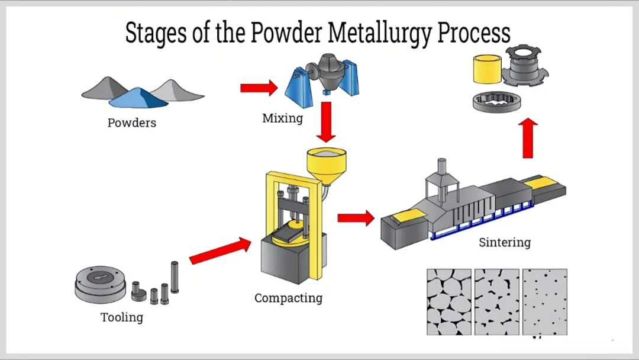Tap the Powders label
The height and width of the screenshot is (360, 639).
coord(131,123)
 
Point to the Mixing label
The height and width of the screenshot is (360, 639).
coord(282,118)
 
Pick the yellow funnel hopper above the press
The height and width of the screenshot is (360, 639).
coord(326,162)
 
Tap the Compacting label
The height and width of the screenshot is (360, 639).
coord(288,298)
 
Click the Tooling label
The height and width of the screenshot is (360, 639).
coord(122,317)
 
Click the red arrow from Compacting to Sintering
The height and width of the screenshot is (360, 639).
coord(356,217)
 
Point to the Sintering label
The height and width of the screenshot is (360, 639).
coord(505,242)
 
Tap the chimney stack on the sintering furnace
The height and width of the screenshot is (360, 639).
coord(440,169)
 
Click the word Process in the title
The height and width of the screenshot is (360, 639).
coord(473,34)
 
